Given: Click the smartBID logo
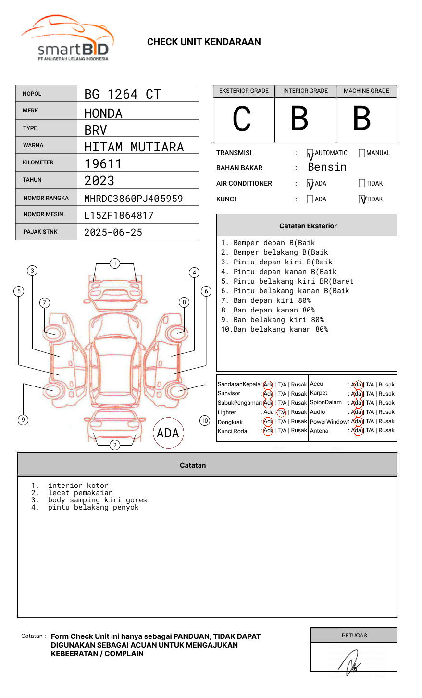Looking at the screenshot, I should [67, 38].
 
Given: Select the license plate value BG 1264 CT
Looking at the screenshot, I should [122, 94].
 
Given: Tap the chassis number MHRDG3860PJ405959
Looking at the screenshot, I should [133, 199].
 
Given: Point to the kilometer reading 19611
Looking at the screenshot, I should [103, 164].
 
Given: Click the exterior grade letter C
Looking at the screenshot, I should [242, 119].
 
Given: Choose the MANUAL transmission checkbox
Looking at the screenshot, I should [362, 153].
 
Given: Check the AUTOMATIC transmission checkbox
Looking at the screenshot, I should [310, 153].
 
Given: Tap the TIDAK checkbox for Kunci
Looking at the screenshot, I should [362, 199].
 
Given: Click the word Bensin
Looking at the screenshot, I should [327, 167].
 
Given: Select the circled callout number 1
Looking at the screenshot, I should [114, 263].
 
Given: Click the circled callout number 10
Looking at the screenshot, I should [205, 421].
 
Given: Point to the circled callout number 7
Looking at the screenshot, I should [44, 302].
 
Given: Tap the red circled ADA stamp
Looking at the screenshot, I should [168, 433].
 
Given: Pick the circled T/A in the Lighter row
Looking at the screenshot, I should [282, 412].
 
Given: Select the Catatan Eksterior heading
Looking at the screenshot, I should [308, 226].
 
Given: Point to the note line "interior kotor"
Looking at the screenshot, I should [78, 486].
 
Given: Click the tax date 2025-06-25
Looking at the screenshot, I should [113, 232].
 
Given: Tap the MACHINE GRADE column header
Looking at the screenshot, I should [366, 91].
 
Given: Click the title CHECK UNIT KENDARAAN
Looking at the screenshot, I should [204, 42].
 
